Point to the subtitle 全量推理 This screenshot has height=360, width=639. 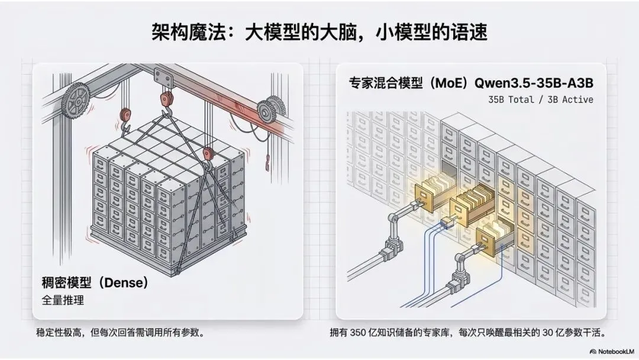pos(63,300)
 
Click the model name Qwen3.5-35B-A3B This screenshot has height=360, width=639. pos(534,83)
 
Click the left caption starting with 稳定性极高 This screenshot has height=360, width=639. pos(121,333)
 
